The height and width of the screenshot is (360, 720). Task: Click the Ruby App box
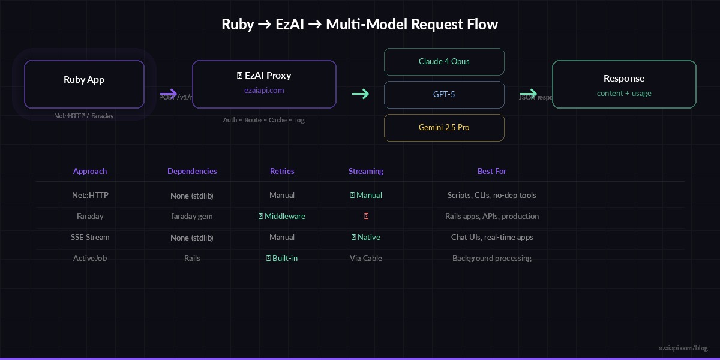point(84,84)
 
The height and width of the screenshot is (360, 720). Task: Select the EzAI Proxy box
point(264,84)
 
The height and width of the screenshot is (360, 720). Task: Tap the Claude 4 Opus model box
point(444,62)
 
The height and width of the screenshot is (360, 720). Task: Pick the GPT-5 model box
point(444,95)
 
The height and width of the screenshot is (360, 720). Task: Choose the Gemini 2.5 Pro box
point(444,128)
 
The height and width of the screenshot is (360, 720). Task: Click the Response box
point(624,84)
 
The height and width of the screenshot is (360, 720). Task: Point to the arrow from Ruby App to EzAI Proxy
point(169,94)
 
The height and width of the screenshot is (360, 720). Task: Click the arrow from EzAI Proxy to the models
point(360,94)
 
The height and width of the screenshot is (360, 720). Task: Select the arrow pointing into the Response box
point(529,94)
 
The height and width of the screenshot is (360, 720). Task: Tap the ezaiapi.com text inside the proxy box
point(264,91)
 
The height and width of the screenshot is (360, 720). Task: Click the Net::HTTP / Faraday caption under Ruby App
point(84,116)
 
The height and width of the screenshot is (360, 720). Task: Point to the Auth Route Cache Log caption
point(264,120)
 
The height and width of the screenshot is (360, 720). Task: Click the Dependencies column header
point(192,172)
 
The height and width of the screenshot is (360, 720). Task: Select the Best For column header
point(492,172)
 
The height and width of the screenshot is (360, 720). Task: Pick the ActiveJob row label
point(90,259)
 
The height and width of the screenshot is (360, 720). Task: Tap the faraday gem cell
point(192,217)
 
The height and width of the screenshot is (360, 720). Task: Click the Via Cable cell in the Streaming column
point(366,259)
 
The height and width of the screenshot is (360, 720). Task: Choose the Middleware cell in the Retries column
point(282,217)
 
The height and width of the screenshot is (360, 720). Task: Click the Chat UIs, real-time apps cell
point(492,238)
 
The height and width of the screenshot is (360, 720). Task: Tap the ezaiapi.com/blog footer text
point(683,348)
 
